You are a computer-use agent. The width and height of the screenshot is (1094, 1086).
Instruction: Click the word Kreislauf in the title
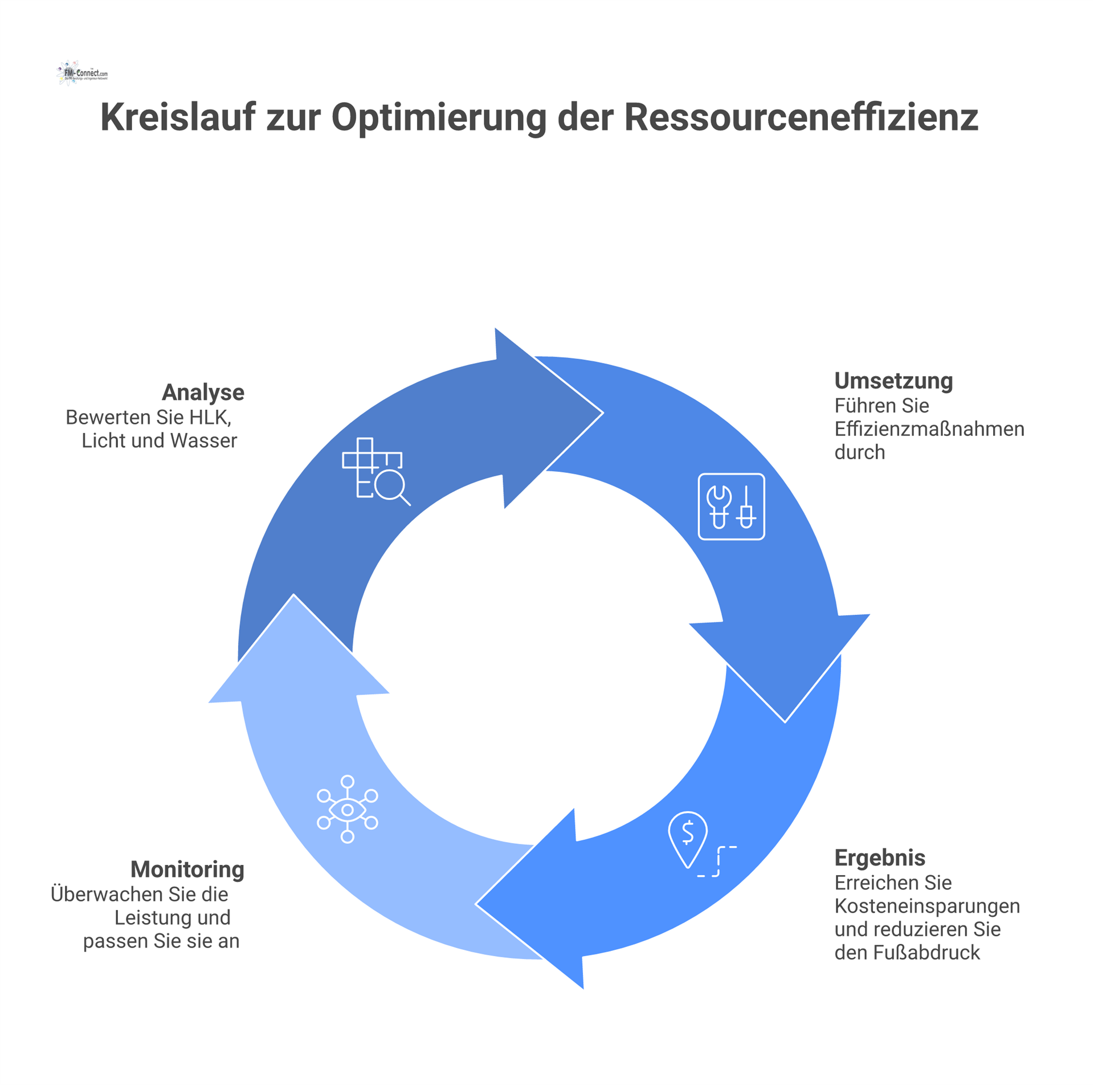pos(178,118)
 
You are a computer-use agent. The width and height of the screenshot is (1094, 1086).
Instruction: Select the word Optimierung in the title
pos(439,118)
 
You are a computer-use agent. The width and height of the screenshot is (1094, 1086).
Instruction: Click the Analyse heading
pos(203,393)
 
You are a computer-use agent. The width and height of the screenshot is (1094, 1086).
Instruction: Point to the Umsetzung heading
pos(893,381)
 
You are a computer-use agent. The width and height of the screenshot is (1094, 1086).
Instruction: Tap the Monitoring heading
pos(187,869)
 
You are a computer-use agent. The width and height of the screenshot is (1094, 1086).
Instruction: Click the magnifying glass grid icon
pos(375,471)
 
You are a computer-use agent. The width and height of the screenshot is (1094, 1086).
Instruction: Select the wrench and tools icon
pos(731,507)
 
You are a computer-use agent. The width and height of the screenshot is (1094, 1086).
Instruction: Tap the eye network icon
pos(348,809)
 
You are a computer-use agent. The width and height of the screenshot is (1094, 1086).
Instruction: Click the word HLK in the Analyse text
pos(210,418)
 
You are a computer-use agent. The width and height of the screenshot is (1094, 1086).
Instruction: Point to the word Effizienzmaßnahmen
pos(929,429)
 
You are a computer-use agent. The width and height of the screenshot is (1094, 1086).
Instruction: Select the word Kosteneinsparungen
pos(927,906)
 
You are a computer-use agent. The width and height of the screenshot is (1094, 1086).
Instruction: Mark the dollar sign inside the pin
pos(688,832)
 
